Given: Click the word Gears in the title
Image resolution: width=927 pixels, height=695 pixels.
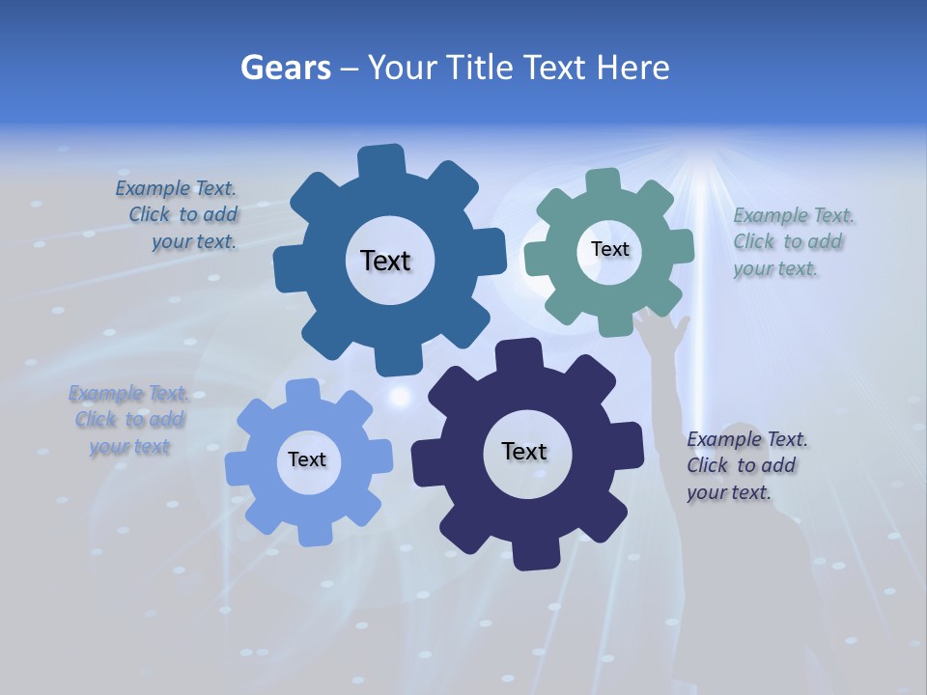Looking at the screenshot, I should coord(286,68).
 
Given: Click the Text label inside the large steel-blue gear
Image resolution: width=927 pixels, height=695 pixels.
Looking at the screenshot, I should coord(385,261).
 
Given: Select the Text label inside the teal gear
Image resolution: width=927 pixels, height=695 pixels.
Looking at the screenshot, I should coord(609,249).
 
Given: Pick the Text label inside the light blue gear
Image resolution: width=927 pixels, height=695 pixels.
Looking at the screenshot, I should coord(307,459).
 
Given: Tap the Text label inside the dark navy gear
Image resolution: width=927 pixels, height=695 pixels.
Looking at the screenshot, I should coord(524,451).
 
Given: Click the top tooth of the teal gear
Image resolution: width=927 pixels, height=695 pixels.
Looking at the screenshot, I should coord(603,182).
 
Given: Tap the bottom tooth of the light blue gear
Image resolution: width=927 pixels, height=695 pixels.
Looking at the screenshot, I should coord(309,530).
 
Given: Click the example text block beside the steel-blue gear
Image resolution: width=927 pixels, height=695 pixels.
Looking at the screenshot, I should coord(180,215).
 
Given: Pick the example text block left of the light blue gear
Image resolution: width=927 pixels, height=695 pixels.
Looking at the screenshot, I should coord(128,420).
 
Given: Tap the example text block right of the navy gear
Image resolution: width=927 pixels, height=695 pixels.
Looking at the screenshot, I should coord(744,465).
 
